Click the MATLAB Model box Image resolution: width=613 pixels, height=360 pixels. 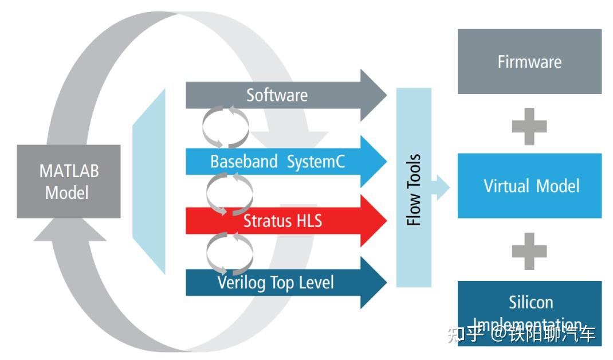pos(68,181)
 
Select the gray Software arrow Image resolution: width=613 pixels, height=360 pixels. pos(286,95)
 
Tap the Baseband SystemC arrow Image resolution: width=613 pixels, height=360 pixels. pos(286,162)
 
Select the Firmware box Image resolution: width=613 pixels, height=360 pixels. pos(529,61)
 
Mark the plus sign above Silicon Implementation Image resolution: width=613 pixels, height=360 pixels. pos(529,251)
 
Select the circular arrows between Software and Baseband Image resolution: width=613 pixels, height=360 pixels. pos(226,127)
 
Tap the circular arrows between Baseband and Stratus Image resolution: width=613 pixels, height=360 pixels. pos(229,194)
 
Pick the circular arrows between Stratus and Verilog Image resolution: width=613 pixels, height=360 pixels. pos(229,252)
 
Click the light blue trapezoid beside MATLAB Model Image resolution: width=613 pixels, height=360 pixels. pos(150,181)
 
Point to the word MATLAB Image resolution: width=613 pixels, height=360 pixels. pos(69,171)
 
